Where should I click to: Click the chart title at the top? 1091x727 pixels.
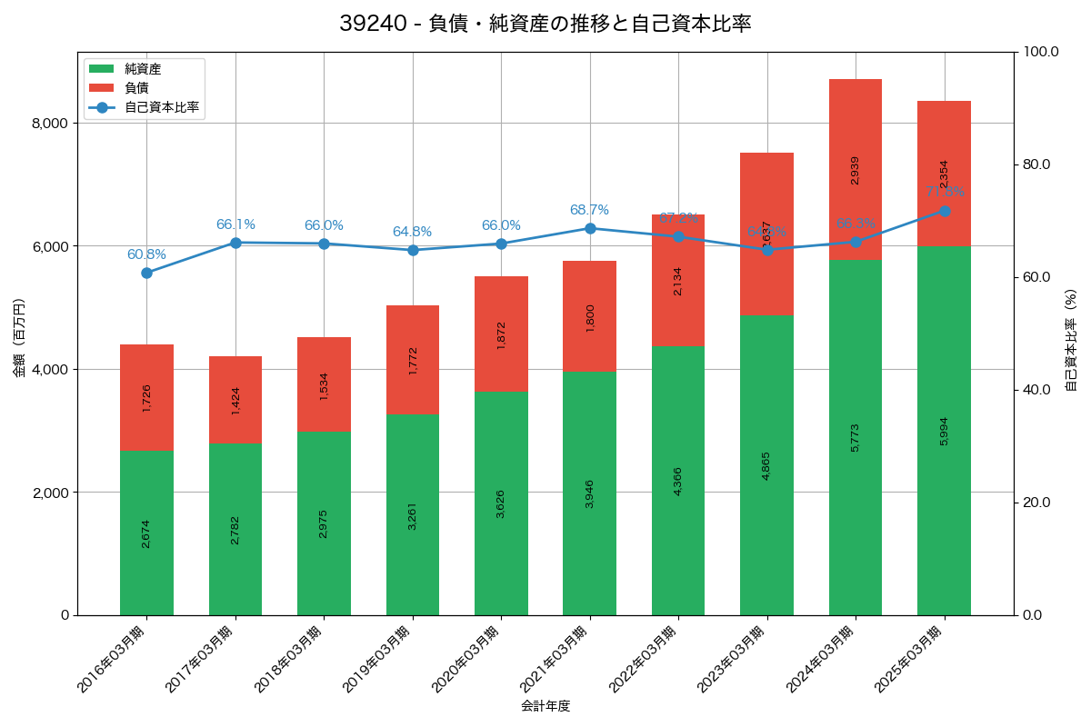click(545, 24)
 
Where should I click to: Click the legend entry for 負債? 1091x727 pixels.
click(136, 88)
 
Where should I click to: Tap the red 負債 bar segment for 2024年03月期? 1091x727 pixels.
click(856, 169)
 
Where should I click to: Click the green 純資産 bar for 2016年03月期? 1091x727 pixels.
click(146, 532)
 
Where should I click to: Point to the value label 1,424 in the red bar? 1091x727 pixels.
click(235, 400)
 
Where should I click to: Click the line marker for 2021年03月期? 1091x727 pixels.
click(590, 228)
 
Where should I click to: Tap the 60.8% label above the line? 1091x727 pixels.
click(146, 254)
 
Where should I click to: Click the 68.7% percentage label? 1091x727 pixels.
click(590, 210)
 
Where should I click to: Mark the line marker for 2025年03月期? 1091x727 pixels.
click(944, 211)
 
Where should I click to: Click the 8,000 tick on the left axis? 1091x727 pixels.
click(53, 124)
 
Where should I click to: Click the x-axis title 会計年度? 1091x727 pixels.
click(545, 706)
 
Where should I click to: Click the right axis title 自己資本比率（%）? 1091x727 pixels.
click(1071, 341)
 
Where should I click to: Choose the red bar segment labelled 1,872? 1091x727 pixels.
click(501, 334)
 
